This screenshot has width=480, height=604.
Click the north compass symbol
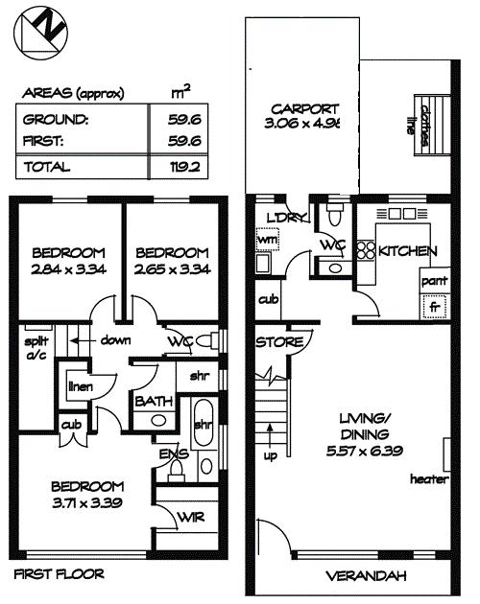coord(40,33)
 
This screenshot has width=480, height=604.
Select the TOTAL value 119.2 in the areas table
coord(185,167)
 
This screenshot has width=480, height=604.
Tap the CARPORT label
coord(305,109)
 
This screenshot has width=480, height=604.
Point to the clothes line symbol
coord(433,126)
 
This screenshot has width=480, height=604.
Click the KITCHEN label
coord(407,251)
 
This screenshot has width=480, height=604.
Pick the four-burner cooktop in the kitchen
coord(366,250)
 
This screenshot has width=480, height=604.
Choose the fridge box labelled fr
coord(435,306)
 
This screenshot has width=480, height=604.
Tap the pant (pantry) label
coord(435,281)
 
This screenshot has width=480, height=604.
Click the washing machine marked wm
coord(268,240)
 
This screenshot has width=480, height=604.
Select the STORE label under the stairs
coord(279,342)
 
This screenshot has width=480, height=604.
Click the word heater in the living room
coord(429,479)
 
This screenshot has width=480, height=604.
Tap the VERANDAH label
coord(366,576)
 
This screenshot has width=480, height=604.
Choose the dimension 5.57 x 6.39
coord(365,451)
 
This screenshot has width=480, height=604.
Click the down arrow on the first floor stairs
coord(80,341)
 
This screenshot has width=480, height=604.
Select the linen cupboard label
coord(81,386)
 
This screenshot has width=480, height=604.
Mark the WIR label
coord(191,518)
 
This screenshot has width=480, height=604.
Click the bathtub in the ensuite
coord(204,423)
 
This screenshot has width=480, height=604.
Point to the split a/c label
coord(36,347)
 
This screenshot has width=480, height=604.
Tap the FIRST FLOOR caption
coord(59,574)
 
